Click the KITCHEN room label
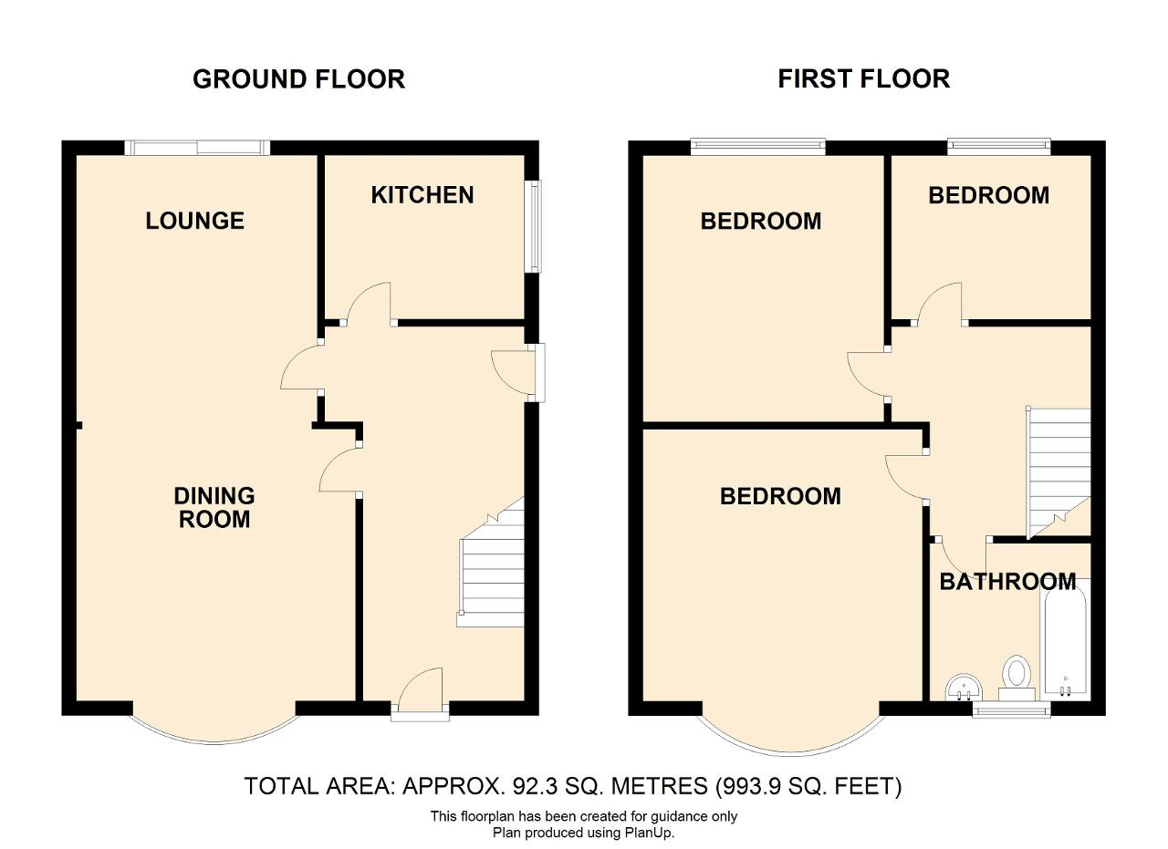point(422,195)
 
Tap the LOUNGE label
point(195,221)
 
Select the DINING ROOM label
point(214,507)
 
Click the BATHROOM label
point(1008,581)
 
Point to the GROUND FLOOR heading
point(298,79)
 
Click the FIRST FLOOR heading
point(864,78)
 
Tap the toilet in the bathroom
point(1017,678)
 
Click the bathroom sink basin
point(964,688)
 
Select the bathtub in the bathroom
point(1064,639)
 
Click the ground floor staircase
point(491,562)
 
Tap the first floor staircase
point(1058,473)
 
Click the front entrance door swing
point(421,684)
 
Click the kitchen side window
point(535,226)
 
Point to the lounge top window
point(197,148)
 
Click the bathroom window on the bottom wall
point(1012,709)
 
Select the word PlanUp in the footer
point(652,833)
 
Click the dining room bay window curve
point(214,742)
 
